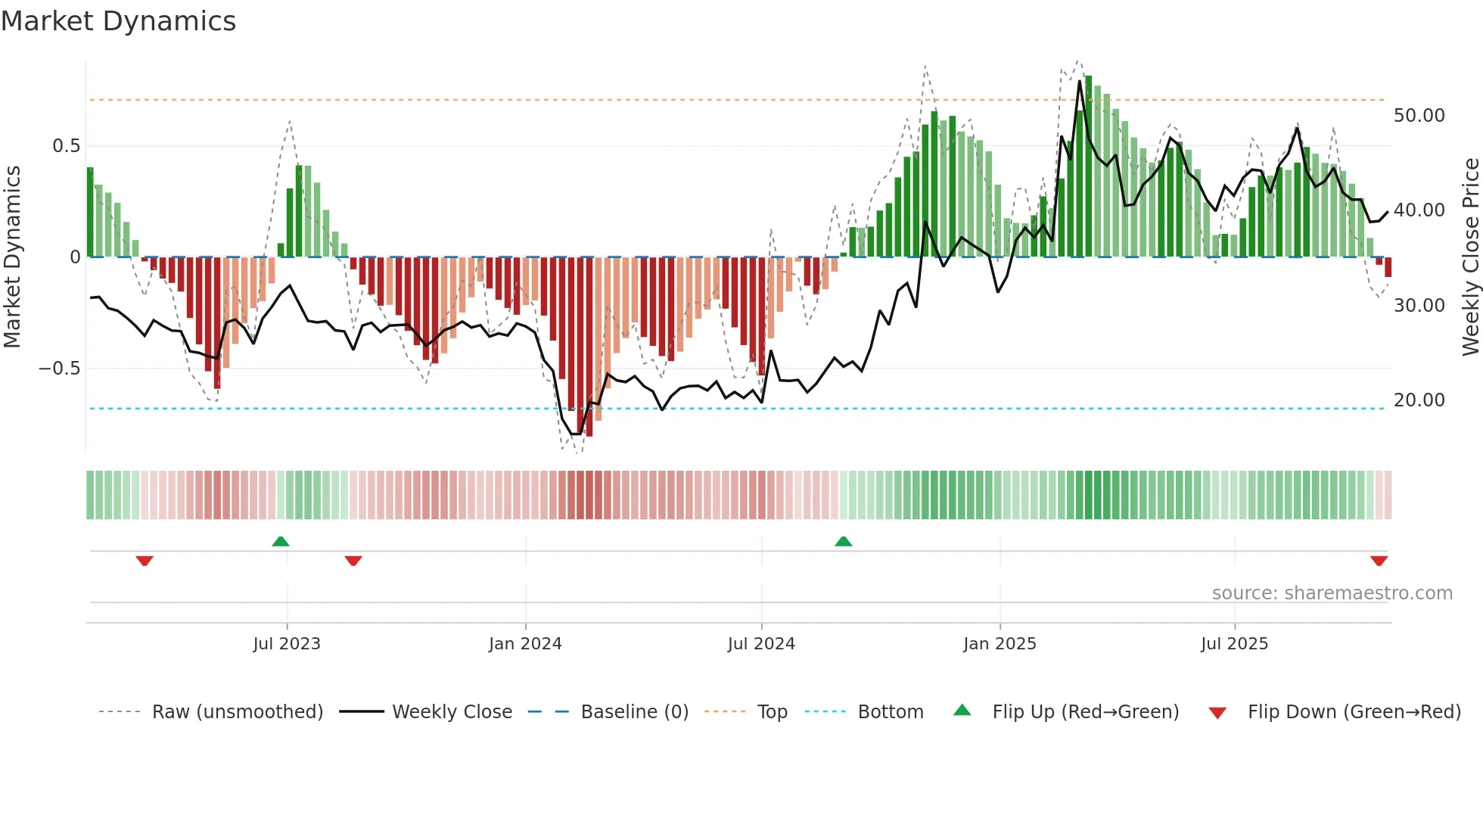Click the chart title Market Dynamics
(x=119, y=21)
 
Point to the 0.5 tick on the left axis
(x=66, y=146)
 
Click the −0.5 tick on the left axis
(x=60, y=369)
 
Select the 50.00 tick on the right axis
(x=1419, y=116)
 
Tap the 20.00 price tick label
(x=1419, y=400)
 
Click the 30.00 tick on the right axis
(x=1419, y=306)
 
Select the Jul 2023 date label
(x=287, y=644)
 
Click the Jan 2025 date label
(x=1000, y=644)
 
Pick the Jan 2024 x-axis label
(x=525, y=644)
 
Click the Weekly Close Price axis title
(x=1470, y=257)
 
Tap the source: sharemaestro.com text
(x=1332, y=593)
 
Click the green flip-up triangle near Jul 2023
(x=281, y=542)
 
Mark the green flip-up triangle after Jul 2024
(x=843, y=542)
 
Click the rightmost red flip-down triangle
(x=1379, y=561)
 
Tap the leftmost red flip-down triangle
(x=145, y=561)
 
